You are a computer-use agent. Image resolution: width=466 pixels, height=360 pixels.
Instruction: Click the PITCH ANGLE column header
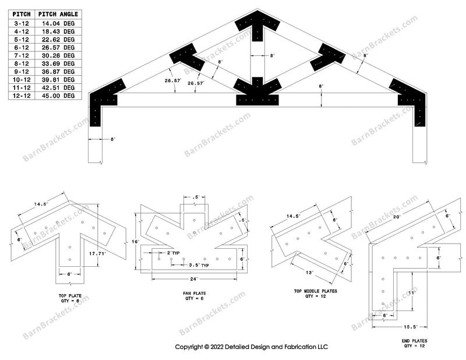(58, 13)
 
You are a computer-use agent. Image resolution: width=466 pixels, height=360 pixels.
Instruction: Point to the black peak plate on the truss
(258, 26)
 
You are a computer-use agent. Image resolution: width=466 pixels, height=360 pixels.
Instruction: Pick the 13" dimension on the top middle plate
(310, 272)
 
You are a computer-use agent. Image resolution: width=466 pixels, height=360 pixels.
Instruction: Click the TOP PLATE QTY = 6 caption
(69, 299)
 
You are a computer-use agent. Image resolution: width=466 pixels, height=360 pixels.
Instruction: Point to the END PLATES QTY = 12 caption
(415, 343)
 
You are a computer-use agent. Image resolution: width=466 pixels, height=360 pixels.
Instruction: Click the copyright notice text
(252, 347)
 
